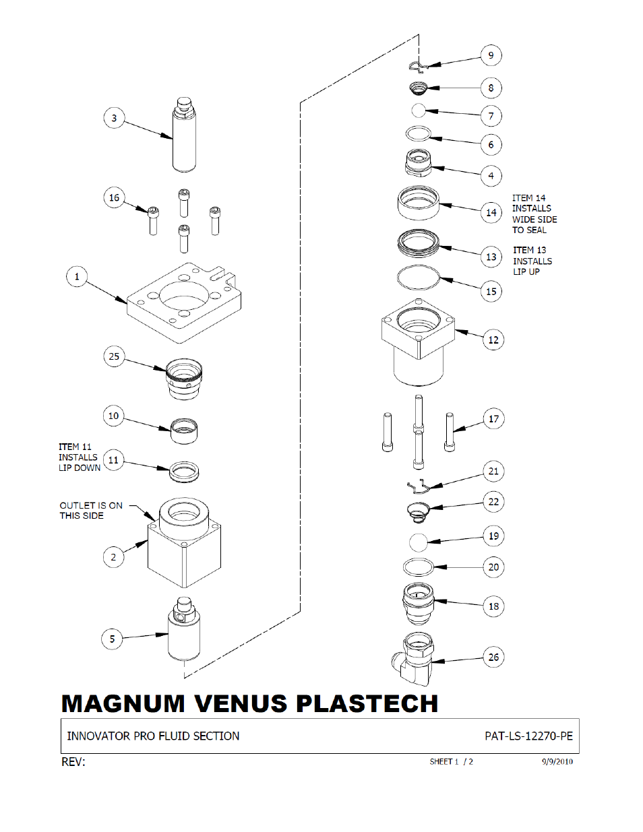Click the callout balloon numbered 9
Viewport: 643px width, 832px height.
[491, 55]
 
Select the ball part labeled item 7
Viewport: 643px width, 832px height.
[419, 111]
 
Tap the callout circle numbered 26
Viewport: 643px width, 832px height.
[493, 657]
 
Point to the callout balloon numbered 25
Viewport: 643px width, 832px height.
[114, 356]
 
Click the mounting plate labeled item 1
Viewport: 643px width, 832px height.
[184, 303]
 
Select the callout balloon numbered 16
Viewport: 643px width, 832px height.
[114, 197]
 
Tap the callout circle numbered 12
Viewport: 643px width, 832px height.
[493, 340]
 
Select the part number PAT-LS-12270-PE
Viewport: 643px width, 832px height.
[528, 736]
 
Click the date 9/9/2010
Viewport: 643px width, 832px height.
[557, 761]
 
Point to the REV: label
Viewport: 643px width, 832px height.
[73, 762]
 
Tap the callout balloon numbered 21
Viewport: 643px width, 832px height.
[493, 471]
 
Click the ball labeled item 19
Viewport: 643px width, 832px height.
[418, 542]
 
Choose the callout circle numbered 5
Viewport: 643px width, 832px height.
[112, 639]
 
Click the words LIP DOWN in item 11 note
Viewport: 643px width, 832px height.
[80, 468]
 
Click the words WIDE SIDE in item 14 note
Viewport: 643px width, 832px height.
[534, 220]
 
